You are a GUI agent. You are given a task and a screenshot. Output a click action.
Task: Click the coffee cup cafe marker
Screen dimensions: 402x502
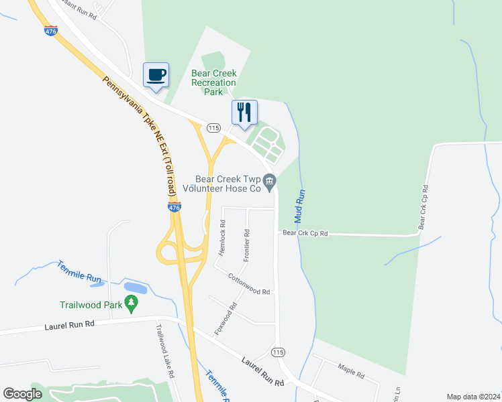coord(156,74)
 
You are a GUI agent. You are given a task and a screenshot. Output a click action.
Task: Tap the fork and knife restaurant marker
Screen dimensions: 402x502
coord(244,112)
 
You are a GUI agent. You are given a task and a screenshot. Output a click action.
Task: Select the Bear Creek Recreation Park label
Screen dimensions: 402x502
coord(214,82)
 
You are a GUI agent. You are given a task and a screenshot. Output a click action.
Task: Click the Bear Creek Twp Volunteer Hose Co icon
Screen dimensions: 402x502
coord(270,180)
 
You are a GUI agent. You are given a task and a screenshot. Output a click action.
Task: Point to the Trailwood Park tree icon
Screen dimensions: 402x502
coord(132,304)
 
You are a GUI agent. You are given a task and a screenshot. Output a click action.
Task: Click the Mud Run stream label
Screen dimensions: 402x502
coord(301,206)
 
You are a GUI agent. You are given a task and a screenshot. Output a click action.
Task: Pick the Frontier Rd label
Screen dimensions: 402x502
coord(247,245)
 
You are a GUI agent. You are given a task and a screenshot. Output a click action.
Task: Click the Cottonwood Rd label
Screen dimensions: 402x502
coord(248,284)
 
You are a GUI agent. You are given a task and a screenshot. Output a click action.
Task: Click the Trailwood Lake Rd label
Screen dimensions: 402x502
coord(165,351)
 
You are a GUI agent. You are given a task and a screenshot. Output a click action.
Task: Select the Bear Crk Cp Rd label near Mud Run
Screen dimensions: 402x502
coord(305,233)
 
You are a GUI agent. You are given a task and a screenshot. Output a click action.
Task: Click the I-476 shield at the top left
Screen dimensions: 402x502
coord(51,31)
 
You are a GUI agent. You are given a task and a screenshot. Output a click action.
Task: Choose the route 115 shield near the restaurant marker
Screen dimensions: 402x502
coord(213,128)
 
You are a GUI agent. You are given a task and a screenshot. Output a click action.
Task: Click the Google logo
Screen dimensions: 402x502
coord(22,394)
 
